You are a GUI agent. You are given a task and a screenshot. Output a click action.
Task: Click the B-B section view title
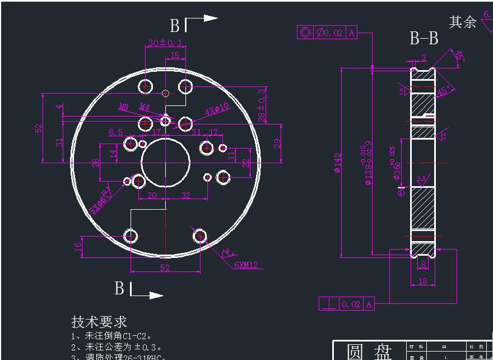(424, 39)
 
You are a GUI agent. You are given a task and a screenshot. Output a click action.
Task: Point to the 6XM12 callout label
(246, 265)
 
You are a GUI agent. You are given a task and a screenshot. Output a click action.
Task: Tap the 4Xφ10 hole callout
(217, 109)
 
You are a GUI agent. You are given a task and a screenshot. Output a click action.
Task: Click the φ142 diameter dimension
(337, 163)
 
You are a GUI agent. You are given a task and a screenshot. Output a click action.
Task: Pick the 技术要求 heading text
(99, 322)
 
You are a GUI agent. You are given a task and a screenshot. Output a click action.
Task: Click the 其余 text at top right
(463, 22)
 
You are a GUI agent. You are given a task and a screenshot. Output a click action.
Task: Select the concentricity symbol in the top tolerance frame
(305, 33)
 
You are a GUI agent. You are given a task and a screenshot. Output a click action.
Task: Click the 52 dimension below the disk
(165, 268)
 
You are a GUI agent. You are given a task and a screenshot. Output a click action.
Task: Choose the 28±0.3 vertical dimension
(261, 105)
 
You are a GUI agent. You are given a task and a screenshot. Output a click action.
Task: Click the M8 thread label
(124, 107)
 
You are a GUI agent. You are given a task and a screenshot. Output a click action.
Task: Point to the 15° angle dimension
(459, 57)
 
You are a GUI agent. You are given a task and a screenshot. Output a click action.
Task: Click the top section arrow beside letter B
(202, 19)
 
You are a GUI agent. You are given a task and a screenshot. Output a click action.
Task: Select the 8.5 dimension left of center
(115, 132)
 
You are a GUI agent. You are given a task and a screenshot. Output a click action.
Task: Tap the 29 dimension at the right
(276, 143)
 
